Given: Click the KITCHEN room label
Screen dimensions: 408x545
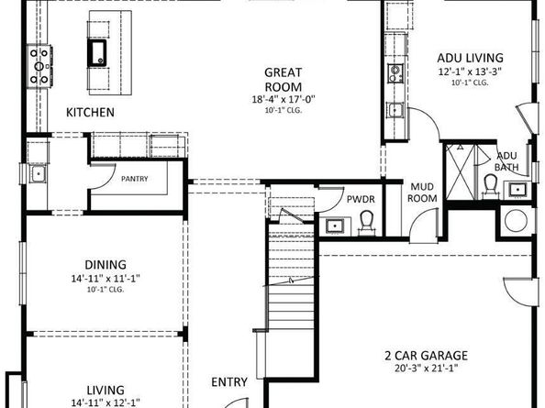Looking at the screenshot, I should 90,113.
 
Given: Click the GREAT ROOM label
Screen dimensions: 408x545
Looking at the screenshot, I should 284,79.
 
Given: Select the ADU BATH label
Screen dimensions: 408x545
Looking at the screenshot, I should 506,161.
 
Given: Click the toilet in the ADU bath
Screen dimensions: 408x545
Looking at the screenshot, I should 490,186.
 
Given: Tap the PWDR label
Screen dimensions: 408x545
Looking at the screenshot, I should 358,197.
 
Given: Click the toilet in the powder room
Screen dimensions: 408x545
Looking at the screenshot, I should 366,220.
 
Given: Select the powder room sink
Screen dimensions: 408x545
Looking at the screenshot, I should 334,224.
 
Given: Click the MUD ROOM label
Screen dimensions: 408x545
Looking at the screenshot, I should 423,192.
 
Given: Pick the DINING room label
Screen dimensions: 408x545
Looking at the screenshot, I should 106,261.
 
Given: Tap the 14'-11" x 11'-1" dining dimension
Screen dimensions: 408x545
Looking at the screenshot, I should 106,277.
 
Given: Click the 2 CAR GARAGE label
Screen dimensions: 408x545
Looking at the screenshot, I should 425,356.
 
